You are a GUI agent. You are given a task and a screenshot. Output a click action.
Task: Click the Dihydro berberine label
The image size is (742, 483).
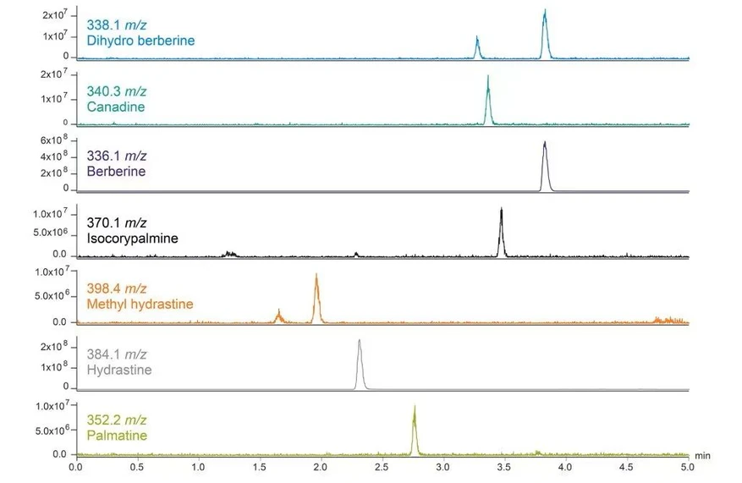[140, 41]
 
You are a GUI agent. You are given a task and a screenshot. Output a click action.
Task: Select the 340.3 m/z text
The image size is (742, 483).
[117, 91]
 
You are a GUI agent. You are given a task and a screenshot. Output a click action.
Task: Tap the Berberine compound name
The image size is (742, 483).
[116, 172]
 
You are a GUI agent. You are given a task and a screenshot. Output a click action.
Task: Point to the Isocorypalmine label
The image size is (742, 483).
[132, 239]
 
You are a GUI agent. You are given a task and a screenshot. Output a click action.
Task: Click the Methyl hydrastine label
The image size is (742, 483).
[140, 305]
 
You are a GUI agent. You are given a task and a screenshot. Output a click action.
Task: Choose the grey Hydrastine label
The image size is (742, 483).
[119, 370]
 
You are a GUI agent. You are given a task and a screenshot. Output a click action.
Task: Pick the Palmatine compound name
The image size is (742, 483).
[117, 436]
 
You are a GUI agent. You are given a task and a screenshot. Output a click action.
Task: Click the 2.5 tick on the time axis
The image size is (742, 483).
[382, 467]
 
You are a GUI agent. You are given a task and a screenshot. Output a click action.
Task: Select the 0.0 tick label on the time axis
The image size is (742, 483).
[75, 467]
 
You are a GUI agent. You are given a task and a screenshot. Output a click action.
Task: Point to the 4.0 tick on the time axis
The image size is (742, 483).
[565, 467]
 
